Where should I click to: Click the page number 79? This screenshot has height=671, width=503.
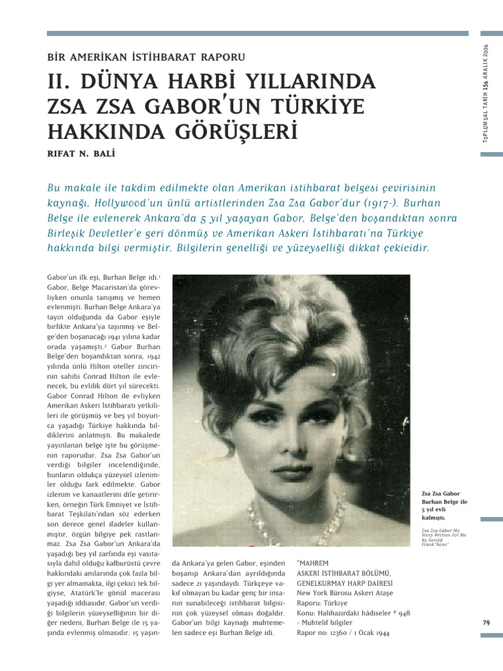(485, 623)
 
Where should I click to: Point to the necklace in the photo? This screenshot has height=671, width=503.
(298, 514)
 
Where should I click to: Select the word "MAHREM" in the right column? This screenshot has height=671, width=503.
(313, 563)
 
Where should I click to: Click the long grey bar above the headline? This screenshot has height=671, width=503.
(257, 33)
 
